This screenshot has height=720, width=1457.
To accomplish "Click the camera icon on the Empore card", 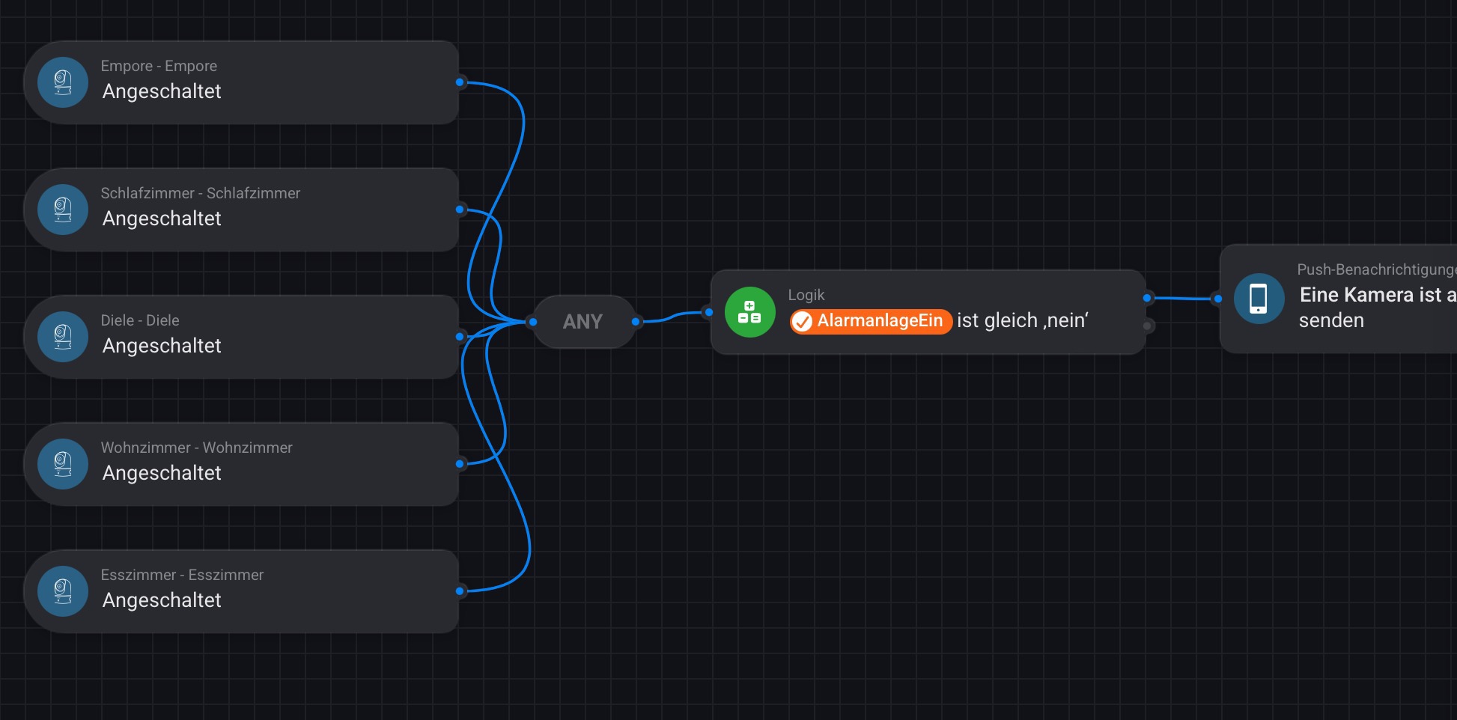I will pos(63,82).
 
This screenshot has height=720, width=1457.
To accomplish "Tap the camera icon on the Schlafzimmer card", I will pos(63,210).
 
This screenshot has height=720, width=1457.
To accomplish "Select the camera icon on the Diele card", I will pos(63,337).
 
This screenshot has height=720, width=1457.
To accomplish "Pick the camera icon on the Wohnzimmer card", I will pos(63,464).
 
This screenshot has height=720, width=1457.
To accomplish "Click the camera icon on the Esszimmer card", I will pos(63,591).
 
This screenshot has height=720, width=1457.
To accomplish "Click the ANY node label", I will pos(583,322).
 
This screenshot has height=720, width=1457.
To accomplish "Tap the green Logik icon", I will pos(749,312).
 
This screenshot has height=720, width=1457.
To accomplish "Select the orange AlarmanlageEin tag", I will pos(871,321).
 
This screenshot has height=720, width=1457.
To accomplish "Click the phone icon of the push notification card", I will pos(1259,299).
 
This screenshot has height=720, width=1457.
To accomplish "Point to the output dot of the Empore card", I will pos(460,82).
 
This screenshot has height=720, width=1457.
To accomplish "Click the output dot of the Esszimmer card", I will pos(460,591).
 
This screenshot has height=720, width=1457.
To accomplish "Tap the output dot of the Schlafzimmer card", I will pos(460,210).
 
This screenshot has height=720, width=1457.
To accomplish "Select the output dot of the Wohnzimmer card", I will pos(460,464).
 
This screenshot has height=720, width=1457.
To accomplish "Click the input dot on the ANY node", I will pos(533,322).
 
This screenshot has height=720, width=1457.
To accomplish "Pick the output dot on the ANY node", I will pos(636,322).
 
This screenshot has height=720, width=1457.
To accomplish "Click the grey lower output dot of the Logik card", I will pos(1147,326).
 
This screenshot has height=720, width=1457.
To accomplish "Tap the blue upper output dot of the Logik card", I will pos(1147,298).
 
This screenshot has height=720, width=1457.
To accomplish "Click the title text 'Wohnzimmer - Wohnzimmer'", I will pos(196,448).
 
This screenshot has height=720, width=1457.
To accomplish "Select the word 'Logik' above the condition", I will pos(806,295).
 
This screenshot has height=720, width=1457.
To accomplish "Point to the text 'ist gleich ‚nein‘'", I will pos(1022,320).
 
